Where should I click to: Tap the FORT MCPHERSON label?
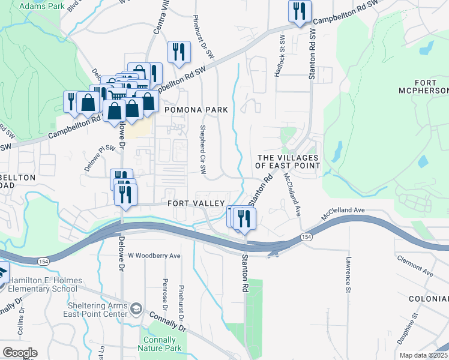(423, 86)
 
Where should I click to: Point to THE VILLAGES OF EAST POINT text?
(288, 161)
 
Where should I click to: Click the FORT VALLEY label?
(196, 203)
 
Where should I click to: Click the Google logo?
(20, 353)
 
